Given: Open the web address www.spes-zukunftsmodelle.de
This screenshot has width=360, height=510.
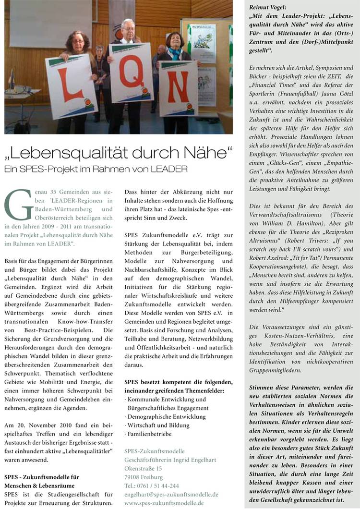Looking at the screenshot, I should coord(164,503).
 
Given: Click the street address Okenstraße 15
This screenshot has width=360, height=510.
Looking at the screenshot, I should coord(143,468).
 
